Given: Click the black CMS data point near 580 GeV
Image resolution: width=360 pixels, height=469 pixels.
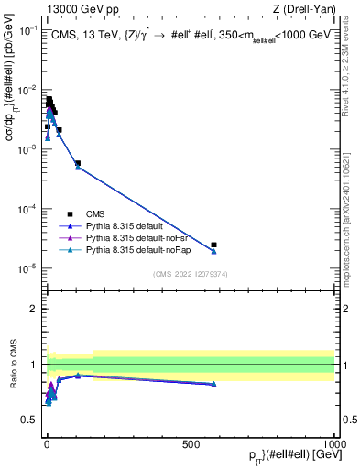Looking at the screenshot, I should tap(213, 245).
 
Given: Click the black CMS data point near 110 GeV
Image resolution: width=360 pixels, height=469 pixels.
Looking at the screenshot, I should tap(78, 163).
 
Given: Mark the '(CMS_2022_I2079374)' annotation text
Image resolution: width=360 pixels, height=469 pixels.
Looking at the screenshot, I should tap(191, 272).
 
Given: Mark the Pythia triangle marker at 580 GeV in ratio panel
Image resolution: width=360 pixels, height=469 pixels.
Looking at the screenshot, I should tap(213, 385).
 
